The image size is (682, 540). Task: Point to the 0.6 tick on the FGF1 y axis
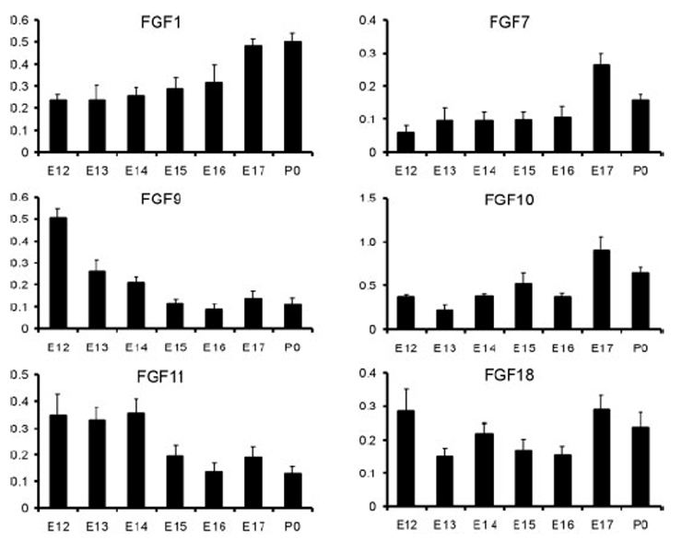click(x=18, y=19)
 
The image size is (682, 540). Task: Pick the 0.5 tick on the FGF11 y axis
click(x=18, y=374)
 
